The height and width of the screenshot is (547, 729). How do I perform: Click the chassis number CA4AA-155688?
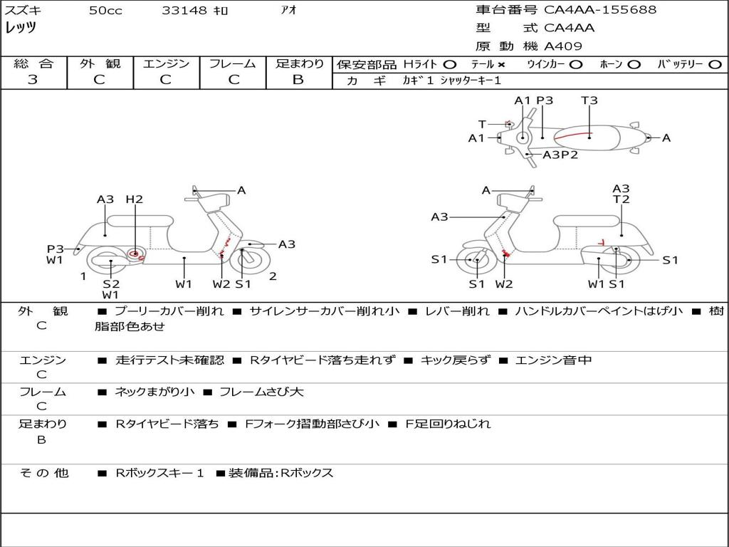600,10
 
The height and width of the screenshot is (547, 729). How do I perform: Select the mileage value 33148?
184,11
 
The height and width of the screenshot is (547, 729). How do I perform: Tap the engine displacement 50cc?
105,11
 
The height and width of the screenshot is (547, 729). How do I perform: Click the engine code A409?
563,46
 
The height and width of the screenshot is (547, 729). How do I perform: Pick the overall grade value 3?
33,80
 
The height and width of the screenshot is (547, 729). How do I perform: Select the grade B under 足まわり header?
298,80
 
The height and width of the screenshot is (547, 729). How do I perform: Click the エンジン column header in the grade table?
166,64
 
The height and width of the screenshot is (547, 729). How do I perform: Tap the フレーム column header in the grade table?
233,64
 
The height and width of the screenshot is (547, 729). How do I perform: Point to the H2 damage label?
135,199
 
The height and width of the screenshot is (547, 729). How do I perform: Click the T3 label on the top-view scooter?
589,100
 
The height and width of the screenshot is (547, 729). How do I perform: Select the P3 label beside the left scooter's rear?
56,249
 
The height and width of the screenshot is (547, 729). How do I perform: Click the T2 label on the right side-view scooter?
622,199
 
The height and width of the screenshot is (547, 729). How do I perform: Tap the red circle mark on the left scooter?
135,254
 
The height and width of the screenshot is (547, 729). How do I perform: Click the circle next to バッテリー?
714,65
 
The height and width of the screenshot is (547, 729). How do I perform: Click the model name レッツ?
21,28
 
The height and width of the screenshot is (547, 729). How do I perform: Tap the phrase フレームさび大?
261,392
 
